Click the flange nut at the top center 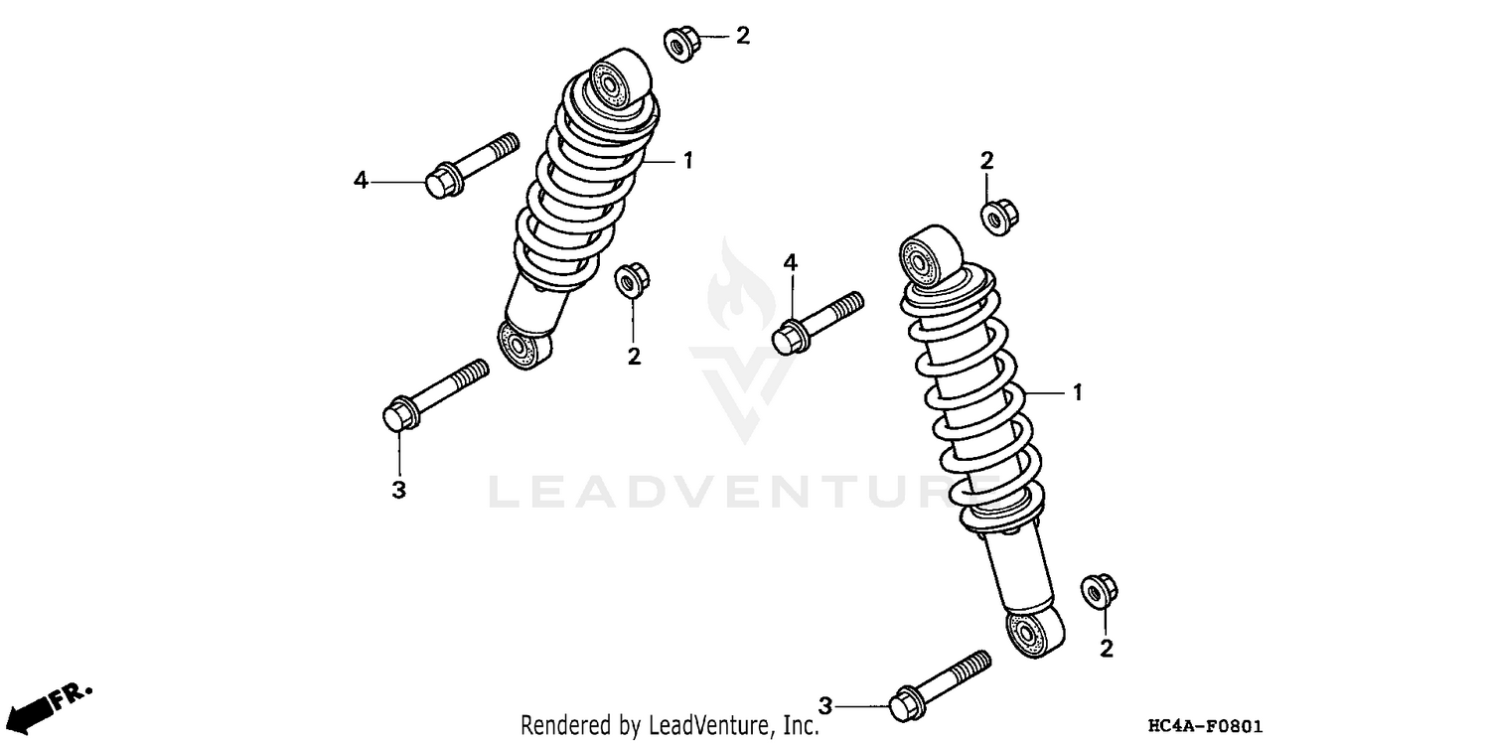click(x=680, y=45)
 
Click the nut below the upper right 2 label click(x=996, y=216)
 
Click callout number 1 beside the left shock click(x=686, y=160)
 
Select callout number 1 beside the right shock click(x=1077, y=393)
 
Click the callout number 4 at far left click(x=362, y=181)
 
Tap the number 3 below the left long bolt click(x=398, y=490)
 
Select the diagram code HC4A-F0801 click(x=1205, y=726)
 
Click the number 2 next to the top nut click(x=742, y=37)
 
